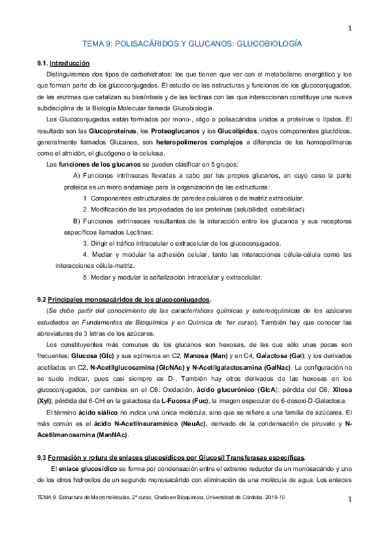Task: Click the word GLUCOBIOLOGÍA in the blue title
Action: point(267,45)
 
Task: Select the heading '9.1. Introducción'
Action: point(63,63)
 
